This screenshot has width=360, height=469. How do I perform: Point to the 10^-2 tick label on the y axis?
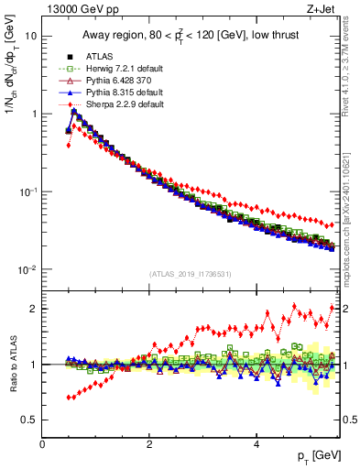tap(27, 269)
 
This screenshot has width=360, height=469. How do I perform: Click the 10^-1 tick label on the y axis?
tap(27, 192)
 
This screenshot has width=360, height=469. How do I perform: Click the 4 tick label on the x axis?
tap(256, 444)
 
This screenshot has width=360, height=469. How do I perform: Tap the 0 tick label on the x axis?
tap(42, 444)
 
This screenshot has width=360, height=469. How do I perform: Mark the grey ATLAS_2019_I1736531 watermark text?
tap(190, 274)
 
